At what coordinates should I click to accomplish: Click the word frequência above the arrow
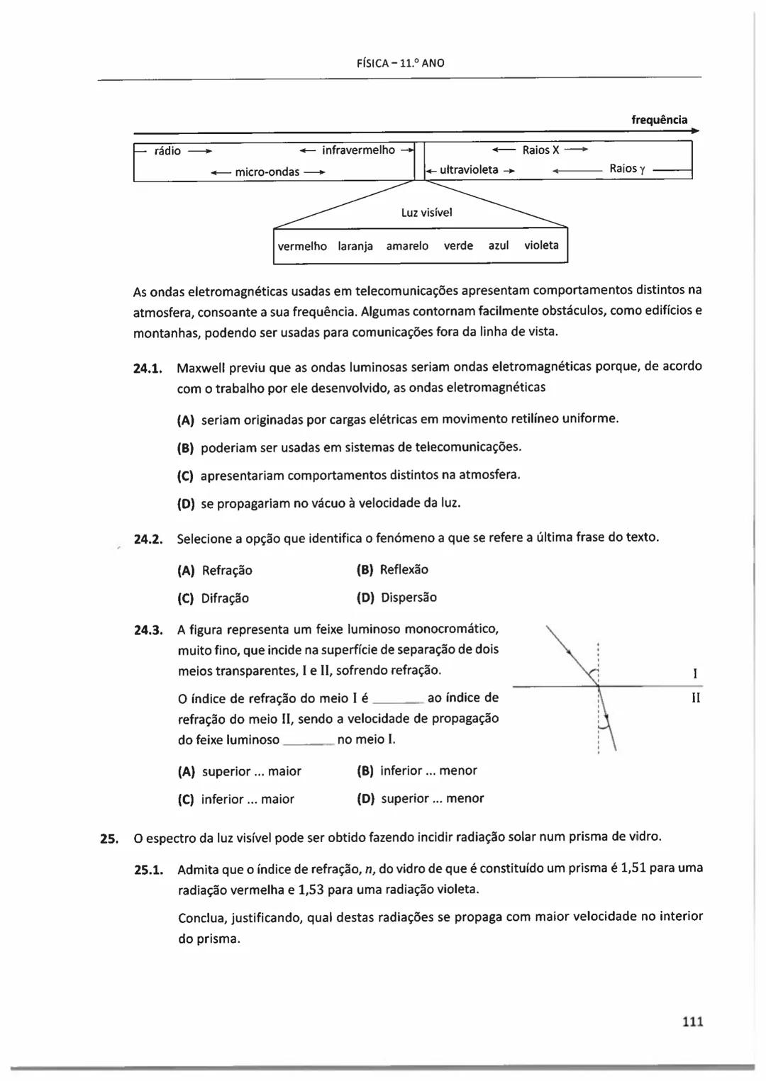click(659, 120)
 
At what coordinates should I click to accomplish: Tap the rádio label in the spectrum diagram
click(167, 151)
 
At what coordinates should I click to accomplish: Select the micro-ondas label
click(267, 172)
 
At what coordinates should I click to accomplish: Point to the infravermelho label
click(358, 150)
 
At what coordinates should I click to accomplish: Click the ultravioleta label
click(469, 170)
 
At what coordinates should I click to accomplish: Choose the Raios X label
click(540, 150)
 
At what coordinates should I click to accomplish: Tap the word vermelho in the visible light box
click(302, 246)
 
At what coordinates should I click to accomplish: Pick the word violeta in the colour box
click(541, 245)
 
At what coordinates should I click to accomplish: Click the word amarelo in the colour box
click(407, 246)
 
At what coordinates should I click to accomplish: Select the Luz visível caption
click(426, 213)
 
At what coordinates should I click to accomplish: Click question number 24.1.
click(149, 368)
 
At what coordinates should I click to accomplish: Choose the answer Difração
click(225, 598)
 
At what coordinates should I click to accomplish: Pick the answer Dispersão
click(409, 598)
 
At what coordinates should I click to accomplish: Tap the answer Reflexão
click(404, 569)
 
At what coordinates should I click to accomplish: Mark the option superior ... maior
click(251, 771)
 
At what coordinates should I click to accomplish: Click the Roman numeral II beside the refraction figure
click(696, 698)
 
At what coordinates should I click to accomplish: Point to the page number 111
click(692, 1021)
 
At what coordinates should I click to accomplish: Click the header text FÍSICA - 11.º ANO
click(401, 63)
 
